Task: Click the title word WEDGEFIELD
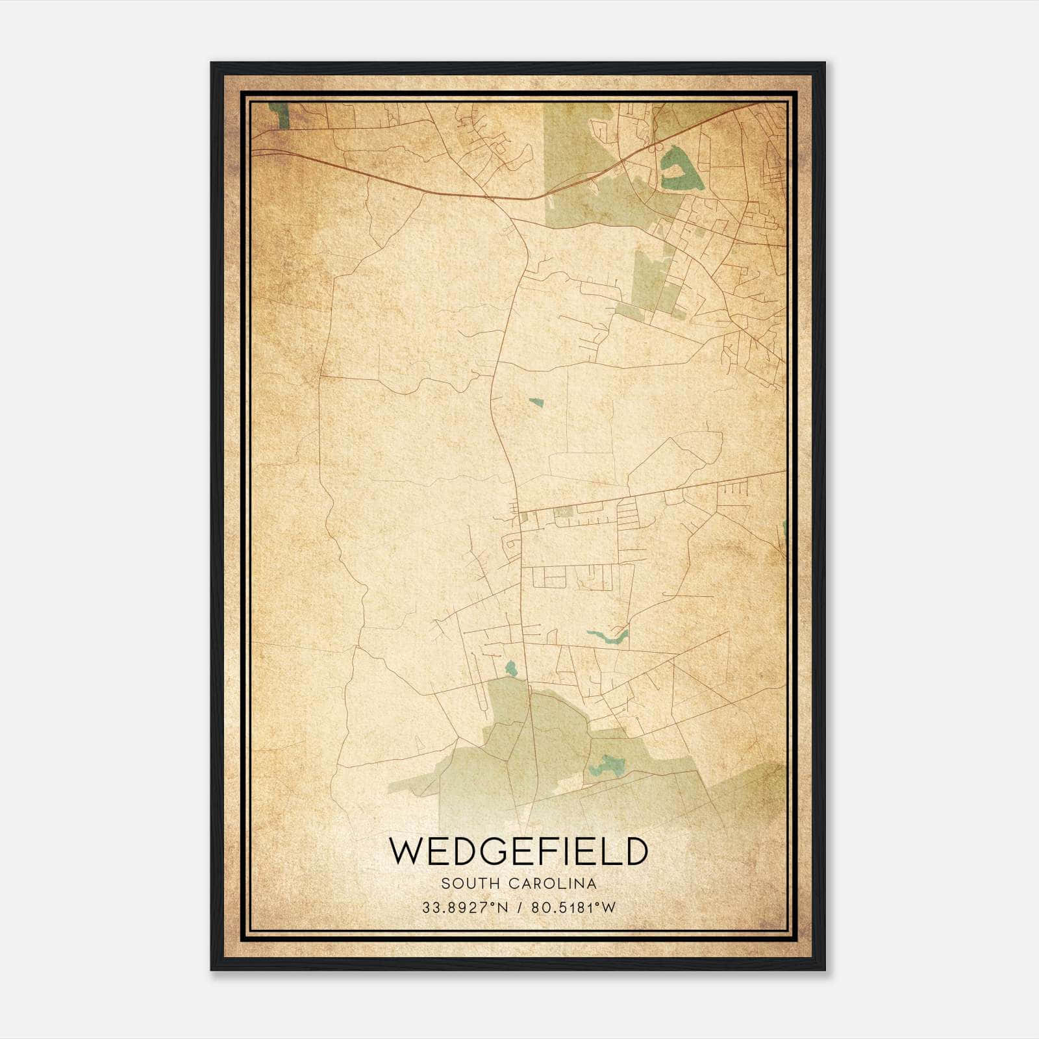pos(518,851)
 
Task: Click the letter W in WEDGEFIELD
pos(407,851)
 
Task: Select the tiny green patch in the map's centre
pos(536,403)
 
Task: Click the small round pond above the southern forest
pos(510,667)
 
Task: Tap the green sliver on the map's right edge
pos(784,529)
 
